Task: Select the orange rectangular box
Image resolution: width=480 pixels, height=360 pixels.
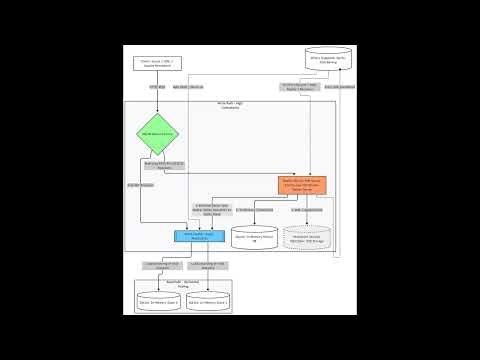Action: [x=302, y=184]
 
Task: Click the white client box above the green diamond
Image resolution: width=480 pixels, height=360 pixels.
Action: [x=157, y=63]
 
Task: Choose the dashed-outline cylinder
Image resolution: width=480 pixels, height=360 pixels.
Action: [x=306, y=237]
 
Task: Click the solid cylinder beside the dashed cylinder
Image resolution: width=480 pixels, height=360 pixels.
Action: [x=254, y=237]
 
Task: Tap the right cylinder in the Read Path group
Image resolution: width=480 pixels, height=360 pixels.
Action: [x=209, y=300]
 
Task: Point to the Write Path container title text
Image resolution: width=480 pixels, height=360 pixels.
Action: [x=230, y=105]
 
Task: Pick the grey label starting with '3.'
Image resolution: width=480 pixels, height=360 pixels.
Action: [x=305, y=210]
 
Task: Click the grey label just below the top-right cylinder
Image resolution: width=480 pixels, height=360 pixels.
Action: [x=299, y=87]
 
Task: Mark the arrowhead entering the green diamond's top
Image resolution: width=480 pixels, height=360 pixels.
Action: [x=157, y=111]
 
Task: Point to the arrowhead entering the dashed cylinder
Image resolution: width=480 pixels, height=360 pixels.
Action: [x=306, y=225]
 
